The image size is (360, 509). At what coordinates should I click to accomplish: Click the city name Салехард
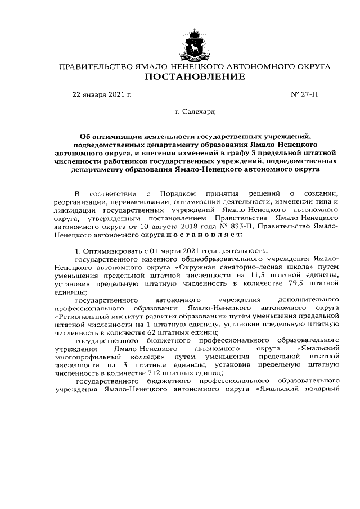199,112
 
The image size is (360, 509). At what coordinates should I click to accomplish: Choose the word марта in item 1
159,250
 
